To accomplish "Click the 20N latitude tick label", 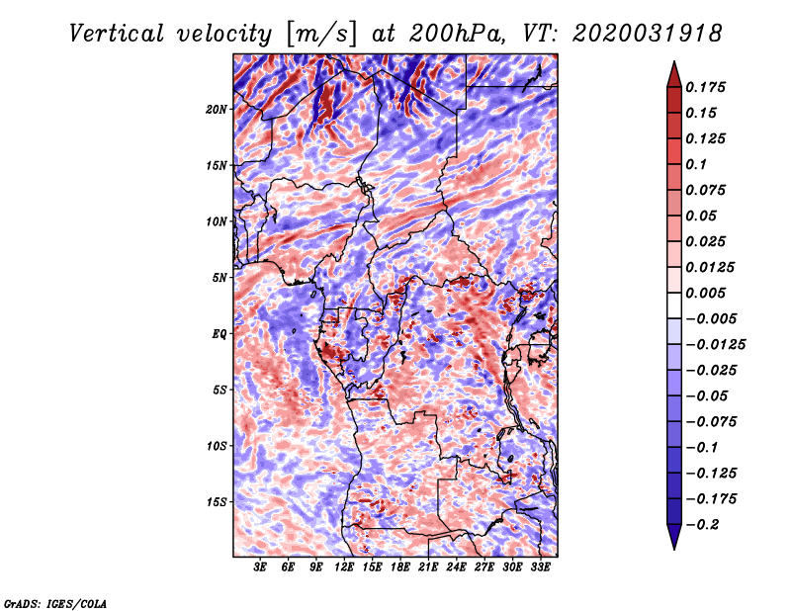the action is point(217,110).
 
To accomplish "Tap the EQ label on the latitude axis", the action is point(219,334).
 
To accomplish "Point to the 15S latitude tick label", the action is point(217,502).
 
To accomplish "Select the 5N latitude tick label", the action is point(220,278).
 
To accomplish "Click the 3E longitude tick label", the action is point(260,567).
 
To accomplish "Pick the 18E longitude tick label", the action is point(400,567).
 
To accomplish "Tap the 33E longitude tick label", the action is point(540,567).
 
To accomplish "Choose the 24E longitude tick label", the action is point(456,567).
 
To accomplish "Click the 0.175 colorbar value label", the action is point(705,87).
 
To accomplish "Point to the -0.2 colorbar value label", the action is point(702,525).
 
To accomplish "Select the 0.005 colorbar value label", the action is point(705,293).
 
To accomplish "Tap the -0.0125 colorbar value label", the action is point(715,345).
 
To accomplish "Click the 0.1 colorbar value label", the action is point(696,164).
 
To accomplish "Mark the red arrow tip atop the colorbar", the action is point(674,61).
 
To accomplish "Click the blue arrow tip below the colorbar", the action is point(674,549).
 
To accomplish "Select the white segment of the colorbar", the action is point(674,305).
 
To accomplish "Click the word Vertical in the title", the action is point(117,34).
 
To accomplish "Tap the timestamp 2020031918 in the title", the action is point(648,34).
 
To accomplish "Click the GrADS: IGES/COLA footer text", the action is point(55,603).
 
